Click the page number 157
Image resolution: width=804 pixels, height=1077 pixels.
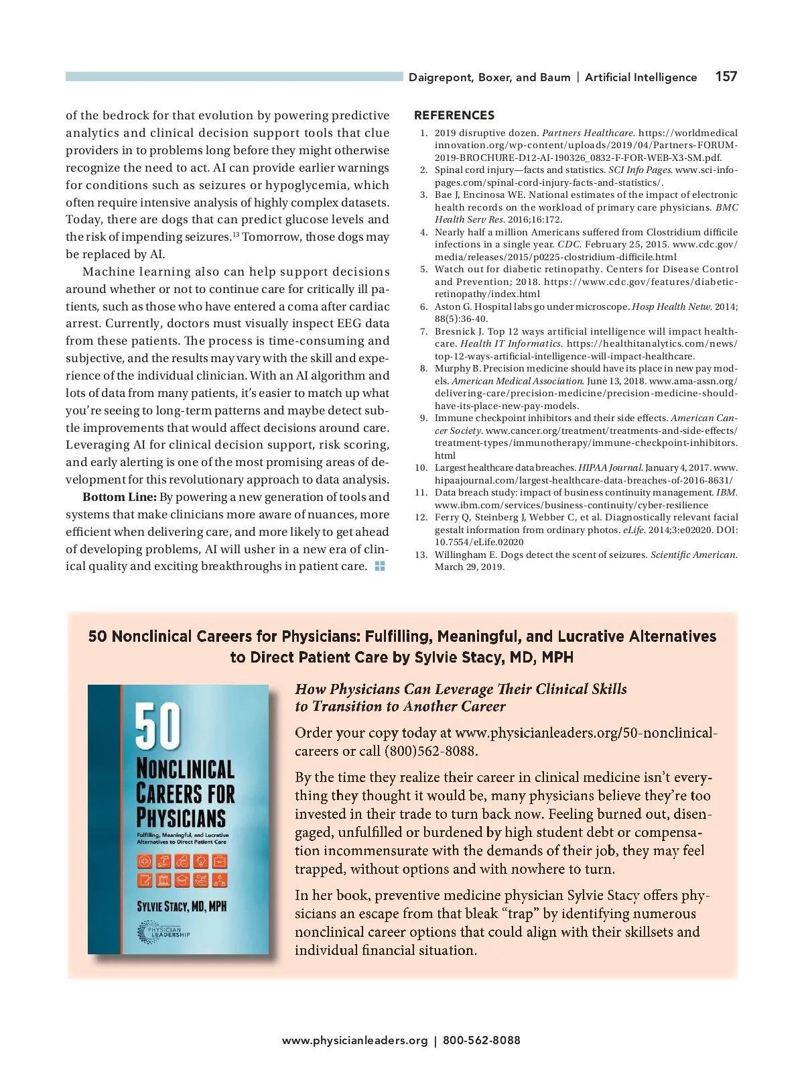726,76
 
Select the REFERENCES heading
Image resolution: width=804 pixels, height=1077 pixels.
454,115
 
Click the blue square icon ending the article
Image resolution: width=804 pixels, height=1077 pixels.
380,567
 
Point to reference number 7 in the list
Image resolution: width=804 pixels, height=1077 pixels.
423,331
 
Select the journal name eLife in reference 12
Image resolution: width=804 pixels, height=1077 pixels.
633,530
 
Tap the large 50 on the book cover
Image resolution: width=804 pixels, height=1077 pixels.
158,726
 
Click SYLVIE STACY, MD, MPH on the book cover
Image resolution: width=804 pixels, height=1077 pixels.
182,907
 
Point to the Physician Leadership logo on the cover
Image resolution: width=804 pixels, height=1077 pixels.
163,932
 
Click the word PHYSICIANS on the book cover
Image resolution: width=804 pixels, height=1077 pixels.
181,818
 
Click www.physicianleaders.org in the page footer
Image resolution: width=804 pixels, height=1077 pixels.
354,1040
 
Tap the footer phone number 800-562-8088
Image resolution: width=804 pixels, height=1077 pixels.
481,1040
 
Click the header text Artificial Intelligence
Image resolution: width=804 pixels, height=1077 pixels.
641,77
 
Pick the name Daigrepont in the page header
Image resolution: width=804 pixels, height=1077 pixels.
440,77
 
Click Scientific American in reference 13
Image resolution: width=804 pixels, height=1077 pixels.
693,555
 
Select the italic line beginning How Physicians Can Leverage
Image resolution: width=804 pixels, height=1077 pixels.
461,689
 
